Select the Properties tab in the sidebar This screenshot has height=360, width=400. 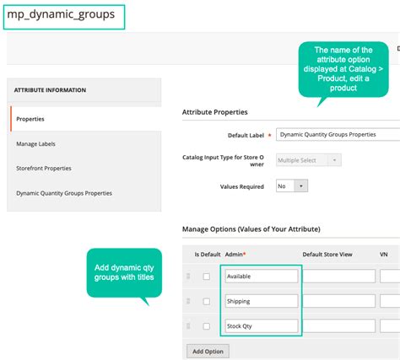[30, 119]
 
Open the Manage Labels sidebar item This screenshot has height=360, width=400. [37, 144]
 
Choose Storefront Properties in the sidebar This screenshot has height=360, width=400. [44, 168]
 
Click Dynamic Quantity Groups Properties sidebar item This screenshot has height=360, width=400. [64, 193]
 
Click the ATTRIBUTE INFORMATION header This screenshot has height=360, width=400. [50, 90]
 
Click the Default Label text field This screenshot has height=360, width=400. [338, 134]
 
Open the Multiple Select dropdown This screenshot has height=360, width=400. [309, 159]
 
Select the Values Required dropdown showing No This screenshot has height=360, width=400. [292, 185]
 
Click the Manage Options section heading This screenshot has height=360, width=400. [251, 228]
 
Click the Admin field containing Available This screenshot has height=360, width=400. [261, 276]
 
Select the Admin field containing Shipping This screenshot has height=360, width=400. [261, 301]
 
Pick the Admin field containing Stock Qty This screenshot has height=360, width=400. [261, 325]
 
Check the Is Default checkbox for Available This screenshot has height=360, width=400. [206, 276]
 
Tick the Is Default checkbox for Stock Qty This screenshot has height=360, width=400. [206, 325]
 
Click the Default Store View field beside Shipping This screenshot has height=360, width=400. [338, 301]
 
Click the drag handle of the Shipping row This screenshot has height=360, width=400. [188, 301]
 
